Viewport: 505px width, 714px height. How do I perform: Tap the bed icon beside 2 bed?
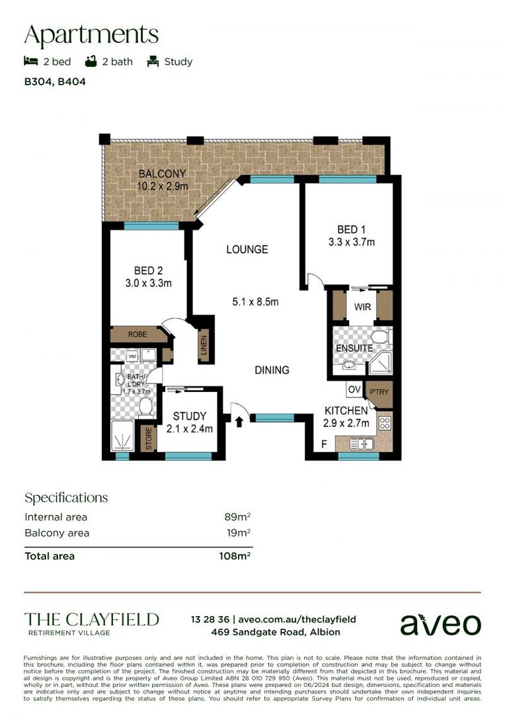(x=30, y=61)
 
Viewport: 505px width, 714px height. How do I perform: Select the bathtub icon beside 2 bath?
(x=91, y=61)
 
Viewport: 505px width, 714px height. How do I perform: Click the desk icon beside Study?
(x=153, y=61)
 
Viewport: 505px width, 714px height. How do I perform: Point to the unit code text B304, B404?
(x=55, y=83)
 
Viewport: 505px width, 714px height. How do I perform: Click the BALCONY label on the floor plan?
(x=162, y=174)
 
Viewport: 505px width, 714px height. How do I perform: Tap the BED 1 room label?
(x=351, y=229)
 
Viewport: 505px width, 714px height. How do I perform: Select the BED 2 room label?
(x=148, y=270)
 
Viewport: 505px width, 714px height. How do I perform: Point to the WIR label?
(x=362, y=307)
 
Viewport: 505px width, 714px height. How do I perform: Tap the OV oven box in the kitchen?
(x=354, y=389)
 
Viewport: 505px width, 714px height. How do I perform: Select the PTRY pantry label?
(x=380, y=392)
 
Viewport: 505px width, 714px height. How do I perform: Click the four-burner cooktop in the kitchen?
(x=384, y=423)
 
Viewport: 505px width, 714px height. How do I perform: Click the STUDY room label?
(x=190, y=416)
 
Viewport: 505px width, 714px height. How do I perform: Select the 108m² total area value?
(x=235, y=556)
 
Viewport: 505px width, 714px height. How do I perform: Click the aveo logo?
(x=441, y=623)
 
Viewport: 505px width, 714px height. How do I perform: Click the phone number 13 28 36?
(x=210, y=619)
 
